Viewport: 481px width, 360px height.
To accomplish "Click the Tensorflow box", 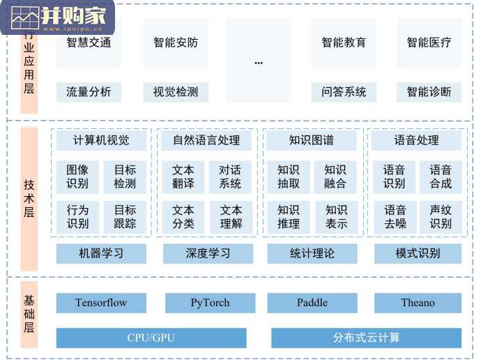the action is (x=102, y=303).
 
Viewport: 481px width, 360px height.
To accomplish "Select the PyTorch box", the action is (x=210, y=303).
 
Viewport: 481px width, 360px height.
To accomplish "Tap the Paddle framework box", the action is (x=312, y=303).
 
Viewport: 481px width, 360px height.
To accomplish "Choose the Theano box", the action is (x=418, y=303).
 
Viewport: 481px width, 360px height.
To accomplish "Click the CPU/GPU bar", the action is (x=151, y=338).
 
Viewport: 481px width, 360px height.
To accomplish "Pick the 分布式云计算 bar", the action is (x=366, y=338).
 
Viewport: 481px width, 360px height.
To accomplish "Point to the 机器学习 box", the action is (x=102, y=253).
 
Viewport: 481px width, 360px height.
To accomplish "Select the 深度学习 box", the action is (x=208, y=253).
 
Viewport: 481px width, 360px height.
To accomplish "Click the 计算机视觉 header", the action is (x=102, y=140).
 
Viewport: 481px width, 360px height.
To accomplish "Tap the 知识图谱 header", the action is (x=312, y=140).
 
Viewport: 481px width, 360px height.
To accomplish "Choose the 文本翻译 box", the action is (x=183, y=177).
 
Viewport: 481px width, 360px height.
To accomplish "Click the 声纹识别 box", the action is (x=441, y=216).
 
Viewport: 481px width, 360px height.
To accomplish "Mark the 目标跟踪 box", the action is (x=125, y=216).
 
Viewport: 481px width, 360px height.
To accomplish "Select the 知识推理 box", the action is (x=289, y=216).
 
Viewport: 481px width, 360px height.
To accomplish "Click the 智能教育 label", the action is (x=344, y=43).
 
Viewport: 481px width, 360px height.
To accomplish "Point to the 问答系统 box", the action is (x=344, y=91).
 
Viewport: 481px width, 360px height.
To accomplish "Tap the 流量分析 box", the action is (x=89, y=91).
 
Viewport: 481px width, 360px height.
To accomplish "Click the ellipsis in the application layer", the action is (x=259, y=62).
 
